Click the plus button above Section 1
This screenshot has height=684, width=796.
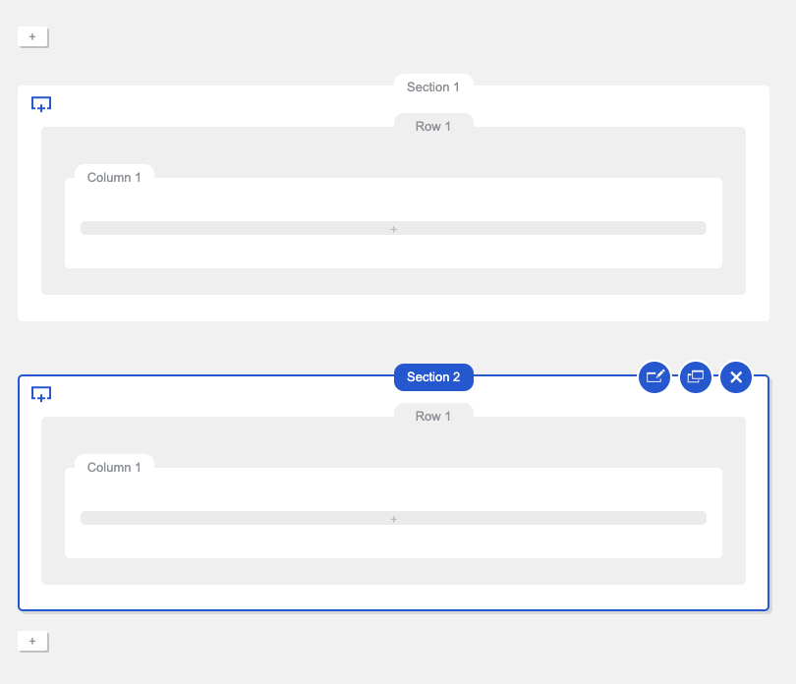(33, 37)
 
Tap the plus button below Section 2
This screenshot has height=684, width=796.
(33, 642)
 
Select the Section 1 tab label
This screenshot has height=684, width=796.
(433, 86)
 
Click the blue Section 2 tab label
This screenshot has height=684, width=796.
(433, 377)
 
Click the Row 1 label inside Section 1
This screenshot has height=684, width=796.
(433, 127)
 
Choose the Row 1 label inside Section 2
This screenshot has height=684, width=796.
(433, 417)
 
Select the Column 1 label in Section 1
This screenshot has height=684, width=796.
(114, 177)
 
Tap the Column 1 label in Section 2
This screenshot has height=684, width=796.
(114, 467)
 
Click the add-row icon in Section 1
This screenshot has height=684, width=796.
(41, 104)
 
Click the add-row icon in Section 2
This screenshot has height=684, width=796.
(41, 394)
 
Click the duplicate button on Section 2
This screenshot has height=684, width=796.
(696, 377)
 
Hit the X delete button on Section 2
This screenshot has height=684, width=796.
(736, 377)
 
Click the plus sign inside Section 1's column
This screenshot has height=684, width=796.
(393, 230)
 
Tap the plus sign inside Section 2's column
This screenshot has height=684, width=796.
(393, 519)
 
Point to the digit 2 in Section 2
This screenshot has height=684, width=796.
(456, 377)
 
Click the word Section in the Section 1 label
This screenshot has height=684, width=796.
(427, 86)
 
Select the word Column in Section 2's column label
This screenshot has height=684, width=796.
(109, 467)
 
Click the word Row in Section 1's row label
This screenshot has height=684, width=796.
(427, 127)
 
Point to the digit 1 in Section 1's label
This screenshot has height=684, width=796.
(456, 86)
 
